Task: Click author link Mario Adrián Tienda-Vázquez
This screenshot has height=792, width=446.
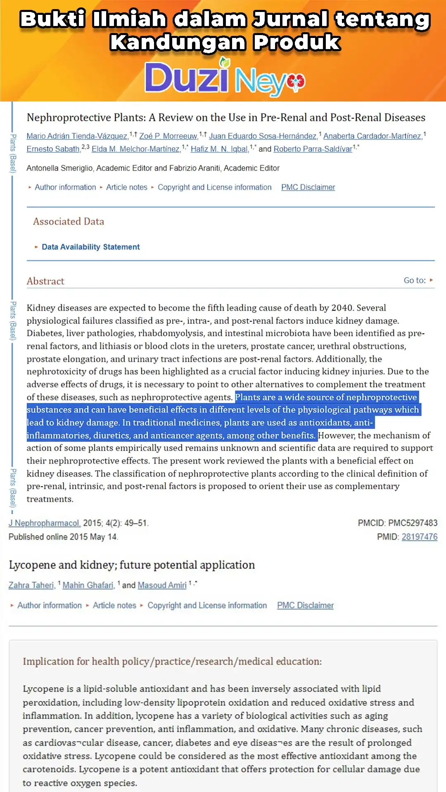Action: click(x=77, y=136)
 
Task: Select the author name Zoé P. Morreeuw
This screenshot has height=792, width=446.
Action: click(x=168, y=136)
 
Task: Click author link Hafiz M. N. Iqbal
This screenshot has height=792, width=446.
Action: click(x=219, y=149)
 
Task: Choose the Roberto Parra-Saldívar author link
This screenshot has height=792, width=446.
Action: click(x=313, y=149)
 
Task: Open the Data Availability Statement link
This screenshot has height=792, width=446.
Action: click(x=91, y=247)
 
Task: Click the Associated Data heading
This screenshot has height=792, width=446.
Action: click(x=69, y=222)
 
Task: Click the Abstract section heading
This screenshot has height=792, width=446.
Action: click(x=45, y=281)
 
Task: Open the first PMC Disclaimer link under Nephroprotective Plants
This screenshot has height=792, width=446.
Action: click(x=308, y=187)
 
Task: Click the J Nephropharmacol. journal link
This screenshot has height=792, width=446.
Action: click(x=45, y=523)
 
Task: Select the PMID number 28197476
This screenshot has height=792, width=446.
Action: click(x=419, y=537)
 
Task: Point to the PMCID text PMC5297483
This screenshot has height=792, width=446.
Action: click(x=413, y=523)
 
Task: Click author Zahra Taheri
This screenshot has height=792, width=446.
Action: click(x=31, y=585)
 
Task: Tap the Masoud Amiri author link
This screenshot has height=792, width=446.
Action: click(x=162, y=585)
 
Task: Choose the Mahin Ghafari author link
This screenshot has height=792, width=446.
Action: click(x=88, y=585)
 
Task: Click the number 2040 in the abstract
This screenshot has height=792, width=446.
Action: click(x=342, y=308)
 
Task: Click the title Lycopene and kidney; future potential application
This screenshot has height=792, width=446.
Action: click(x=132, y=565)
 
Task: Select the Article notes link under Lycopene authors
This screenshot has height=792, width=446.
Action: click(x=114, y=606)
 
